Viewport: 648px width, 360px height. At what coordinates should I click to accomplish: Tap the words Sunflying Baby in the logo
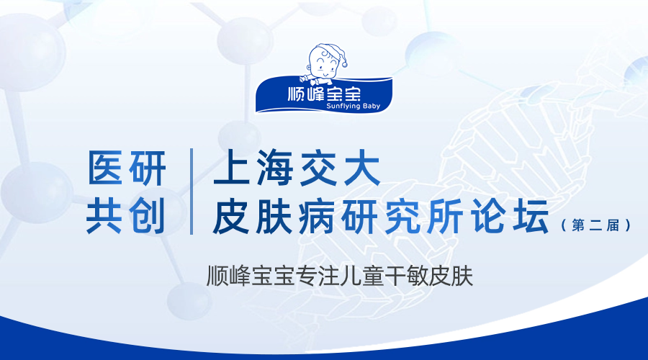pos(353,107)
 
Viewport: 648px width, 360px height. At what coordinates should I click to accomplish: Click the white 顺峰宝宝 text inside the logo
pos(324,94)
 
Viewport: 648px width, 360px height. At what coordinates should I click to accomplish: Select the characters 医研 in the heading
pos(127,168)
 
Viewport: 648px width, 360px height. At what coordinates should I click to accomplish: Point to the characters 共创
pos(126,215)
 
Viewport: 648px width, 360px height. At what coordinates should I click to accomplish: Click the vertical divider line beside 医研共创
pos(192,192)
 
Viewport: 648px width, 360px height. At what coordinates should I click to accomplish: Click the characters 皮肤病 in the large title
pos(274,215)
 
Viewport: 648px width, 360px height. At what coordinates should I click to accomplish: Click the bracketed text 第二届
pos(595,225)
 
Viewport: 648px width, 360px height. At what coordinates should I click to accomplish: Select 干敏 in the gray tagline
pos(407,276)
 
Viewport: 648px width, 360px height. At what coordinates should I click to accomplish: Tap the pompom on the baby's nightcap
pos(344,64)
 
